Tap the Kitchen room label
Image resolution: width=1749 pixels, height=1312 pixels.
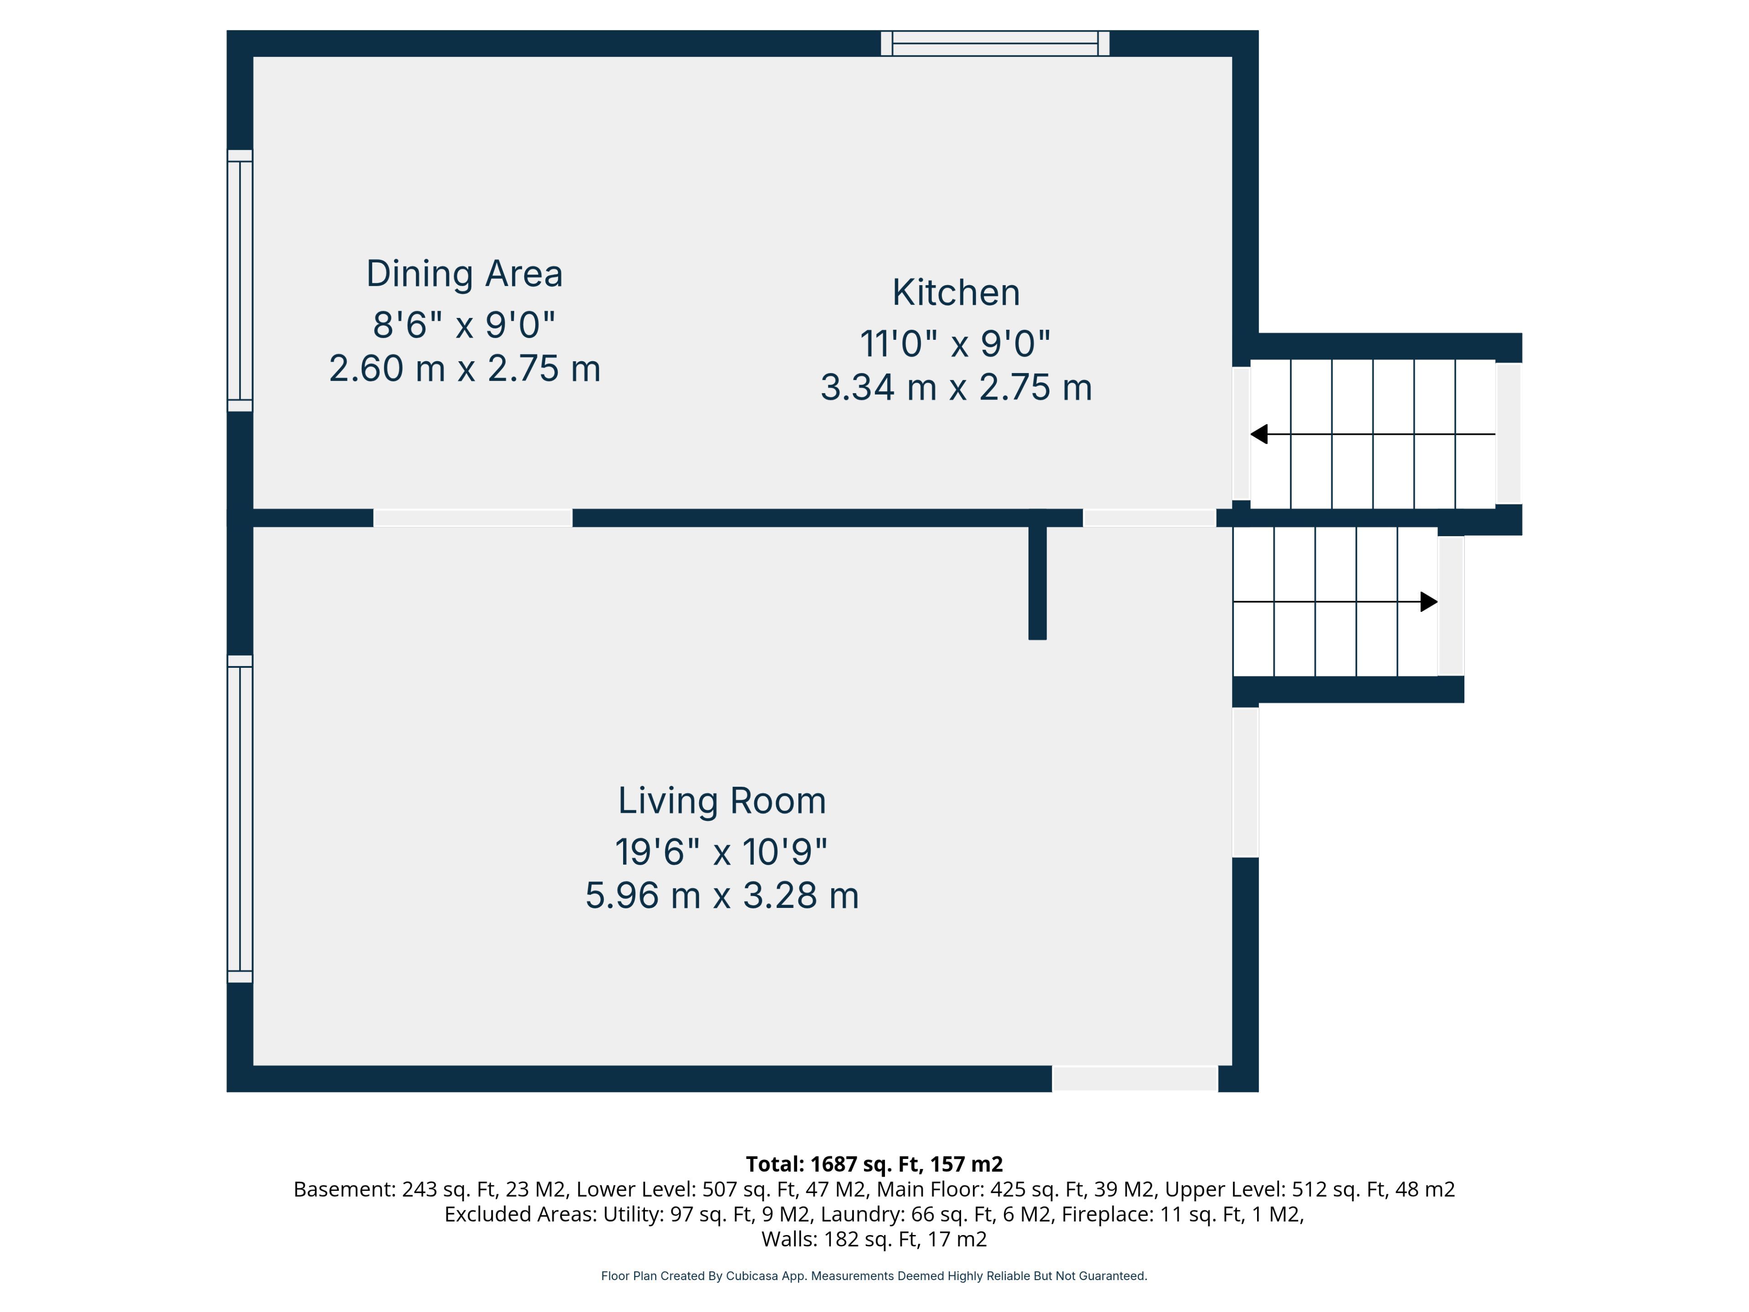(x=956, y=292)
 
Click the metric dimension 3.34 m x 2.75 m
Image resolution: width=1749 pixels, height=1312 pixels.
(x=956, y=388)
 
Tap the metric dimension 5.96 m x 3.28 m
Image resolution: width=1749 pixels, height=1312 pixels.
(x=722, y=895)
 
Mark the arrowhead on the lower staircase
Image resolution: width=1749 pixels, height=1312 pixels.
(x=1429, y=602)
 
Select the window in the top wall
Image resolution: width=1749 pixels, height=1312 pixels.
(x=995, y=43)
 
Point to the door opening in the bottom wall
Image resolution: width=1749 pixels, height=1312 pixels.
(x=1135, y=1079)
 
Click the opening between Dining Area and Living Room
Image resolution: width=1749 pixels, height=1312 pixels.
(x=473, y=518)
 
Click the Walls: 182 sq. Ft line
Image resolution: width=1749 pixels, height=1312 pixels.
(x=874, y=1239)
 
